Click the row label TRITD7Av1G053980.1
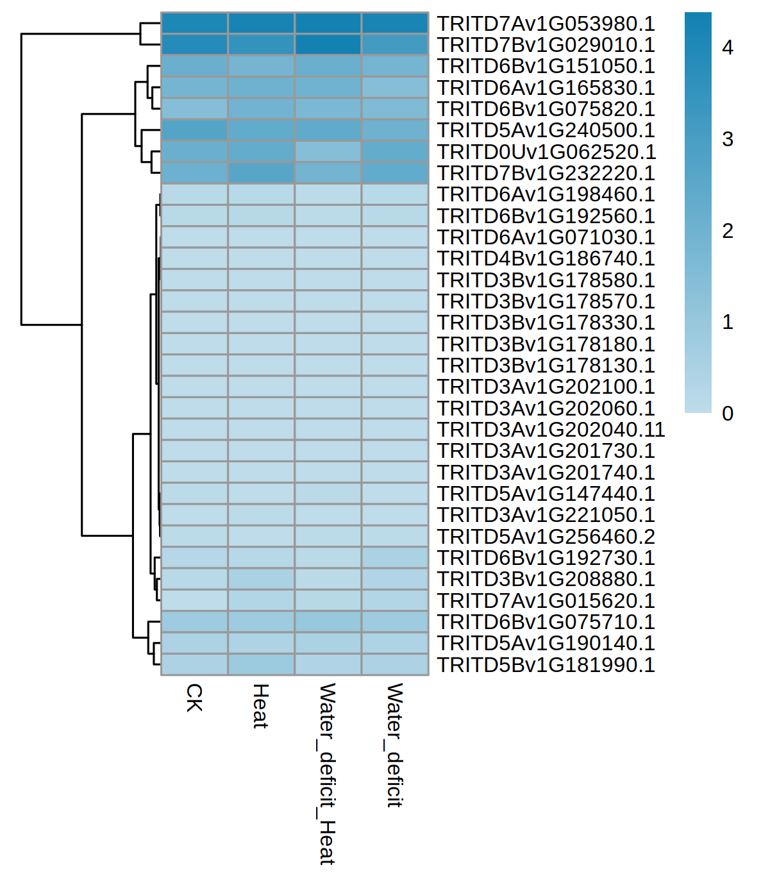point(546,24)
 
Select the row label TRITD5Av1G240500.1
point(546,130)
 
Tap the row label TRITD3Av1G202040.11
point(551,430)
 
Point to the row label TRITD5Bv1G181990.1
point(546,665)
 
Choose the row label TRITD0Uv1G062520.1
point(546,152)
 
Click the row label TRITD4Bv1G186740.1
point(546,258)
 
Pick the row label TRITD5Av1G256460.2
point(546,537)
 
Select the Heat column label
point(260,706)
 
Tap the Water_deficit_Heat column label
point(328,773)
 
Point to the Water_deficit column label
point(395,744)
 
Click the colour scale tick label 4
point(727,47)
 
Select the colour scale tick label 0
point(727,414)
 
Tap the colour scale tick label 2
point(727,231)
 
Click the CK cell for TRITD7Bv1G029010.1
point(194,45)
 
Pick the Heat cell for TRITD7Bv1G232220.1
point(261,173)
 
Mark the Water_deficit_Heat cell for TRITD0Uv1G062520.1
point(328,152)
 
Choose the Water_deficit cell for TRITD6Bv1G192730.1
point(395,558)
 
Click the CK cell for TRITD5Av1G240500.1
point(194,130)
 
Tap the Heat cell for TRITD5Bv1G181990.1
point(261,665)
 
